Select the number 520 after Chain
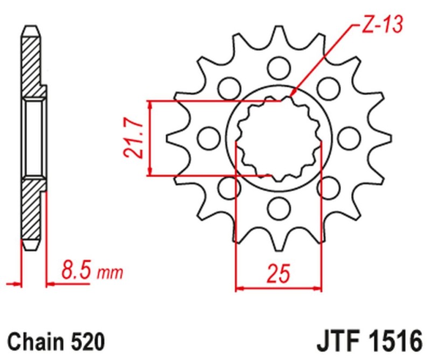tap(87, 342)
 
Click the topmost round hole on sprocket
tap(278, 68)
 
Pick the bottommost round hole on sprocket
tap(278, 206)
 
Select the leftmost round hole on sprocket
tap(207, 137)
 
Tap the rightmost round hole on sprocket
tap(349, 137)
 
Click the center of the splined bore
tap(278, 138)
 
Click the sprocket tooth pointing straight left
tap(173, 137)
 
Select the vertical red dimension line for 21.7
tap(151, 138)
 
